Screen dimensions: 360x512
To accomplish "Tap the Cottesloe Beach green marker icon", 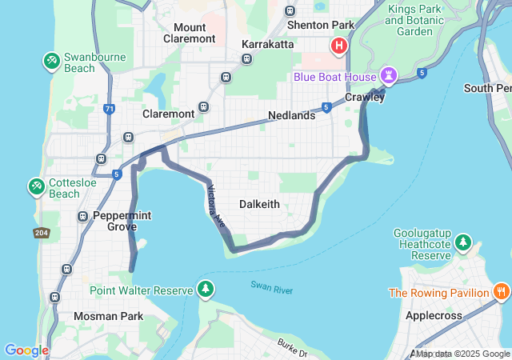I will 36,186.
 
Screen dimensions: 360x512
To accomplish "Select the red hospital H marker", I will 339,46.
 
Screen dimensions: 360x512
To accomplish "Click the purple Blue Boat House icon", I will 390,75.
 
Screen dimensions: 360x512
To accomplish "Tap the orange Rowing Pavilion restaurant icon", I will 501,291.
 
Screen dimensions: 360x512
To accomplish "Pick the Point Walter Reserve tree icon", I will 206,289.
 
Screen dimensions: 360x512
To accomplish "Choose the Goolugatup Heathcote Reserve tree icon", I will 462,242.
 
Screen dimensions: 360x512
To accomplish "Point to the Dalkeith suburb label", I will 260,204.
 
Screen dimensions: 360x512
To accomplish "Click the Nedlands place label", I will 291,115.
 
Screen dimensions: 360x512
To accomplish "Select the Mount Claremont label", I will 189,33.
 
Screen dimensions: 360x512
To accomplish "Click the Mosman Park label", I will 108,316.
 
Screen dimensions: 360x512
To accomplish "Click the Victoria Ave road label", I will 216,204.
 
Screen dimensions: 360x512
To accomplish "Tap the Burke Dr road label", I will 292,347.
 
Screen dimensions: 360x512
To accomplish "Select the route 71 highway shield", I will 108,107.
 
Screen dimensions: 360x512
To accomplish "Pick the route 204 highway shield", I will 42,233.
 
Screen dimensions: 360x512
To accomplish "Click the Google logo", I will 26,350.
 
